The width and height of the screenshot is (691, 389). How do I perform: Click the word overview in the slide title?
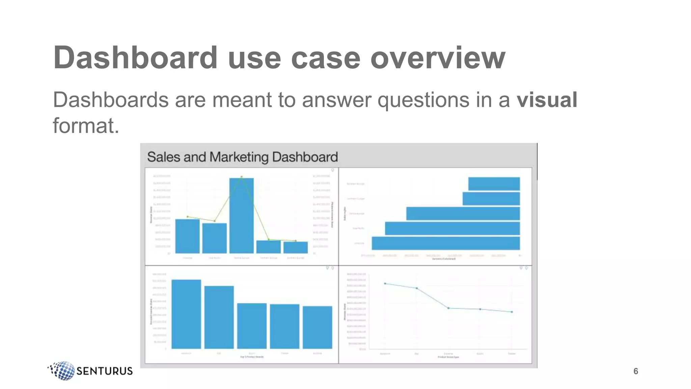[x=438, y=58]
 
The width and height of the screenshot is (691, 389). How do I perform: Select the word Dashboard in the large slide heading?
[x=135, y=58]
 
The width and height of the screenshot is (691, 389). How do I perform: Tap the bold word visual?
[x=547, y=100]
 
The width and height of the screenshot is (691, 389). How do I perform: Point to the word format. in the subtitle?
[x=86, y=126]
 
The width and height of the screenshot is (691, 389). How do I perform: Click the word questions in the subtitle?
[x=423, y=100]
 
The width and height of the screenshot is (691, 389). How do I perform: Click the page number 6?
[x=636, y=371]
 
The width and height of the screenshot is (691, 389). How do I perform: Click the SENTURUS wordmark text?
[x=105, y=371]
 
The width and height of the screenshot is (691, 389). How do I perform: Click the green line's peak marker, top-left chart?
[x=242, y=177]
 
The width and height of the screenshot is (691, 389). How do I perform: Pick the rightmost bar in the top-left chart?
[x=296, y=247]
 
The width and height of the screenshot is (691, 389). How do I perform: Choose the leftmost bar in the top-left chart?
[x=188, y=236]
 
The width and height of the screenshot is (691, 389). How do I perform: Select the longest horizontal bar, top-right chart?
[x=446, y=243]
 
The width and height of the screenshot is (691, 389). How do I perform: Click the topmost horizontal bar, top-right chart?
[x=494, y=184]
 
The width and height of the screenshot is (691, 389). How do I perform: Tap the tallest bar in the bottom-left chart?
[x=186, y=314]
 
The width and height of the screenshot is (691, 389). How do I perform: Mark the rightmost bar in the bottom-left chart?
[x=317, y=327]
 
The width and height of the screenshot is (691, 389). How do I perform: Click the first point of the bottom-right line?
[x=385, y=284]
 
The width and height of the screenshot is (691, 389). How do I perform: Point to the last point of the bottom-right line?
[x=512, y=312]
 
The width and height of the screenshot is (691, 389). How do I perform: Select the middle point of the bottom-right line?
[x=448, y=308]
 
